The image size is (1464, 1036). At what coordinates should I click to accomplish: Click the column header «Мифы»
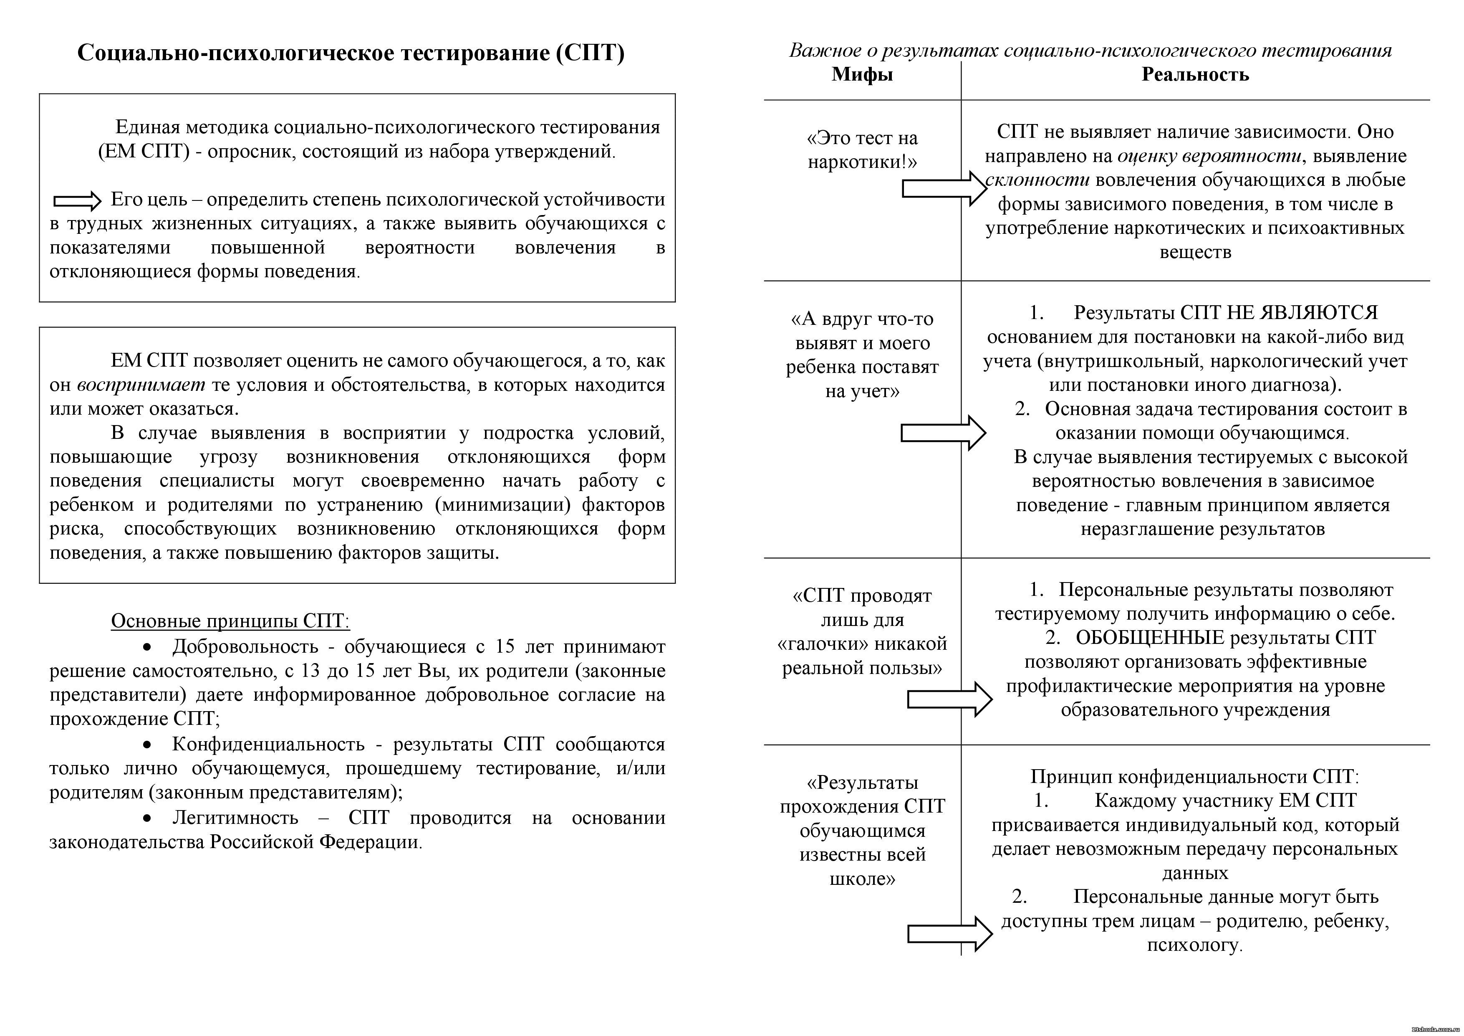862,75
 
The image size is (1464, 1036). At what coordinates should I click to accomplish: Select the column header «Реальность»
1195,75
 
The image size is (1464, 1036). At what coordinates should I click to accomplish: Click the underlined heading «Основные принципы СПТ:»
230,621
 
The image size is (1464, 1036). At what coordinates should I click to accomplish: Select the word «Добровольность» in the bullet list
245,647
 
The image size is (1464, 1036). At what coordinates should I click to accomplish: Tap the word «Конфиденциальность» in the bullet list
268,745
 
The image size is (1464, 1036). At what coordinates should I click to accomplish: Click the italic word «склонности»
1038,180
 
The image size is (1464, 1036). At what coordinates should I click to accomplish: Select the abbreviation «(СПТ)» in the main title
590,52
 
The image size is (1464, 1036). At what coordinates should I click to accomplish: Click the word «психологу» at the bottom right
1194,945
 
